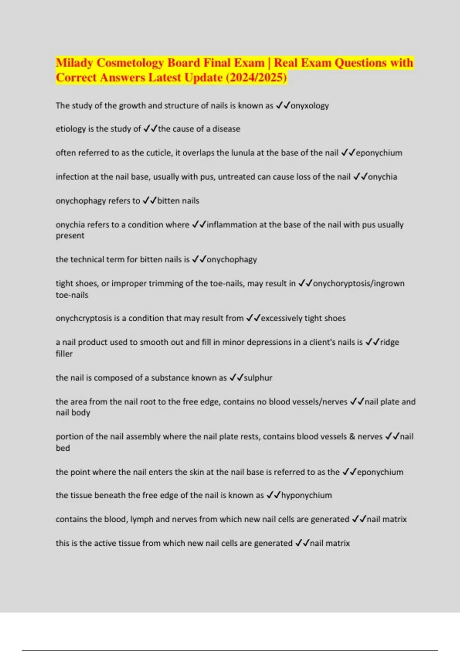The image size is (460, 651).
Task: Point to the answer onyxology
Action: coord(310,106)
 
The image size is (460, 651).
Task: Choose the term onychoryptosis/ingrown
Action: coord(359,284)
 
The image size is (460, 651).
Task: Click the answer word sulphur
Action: coord(258,378)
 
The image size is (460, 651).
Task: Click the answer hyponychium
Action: coord(307,496)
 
